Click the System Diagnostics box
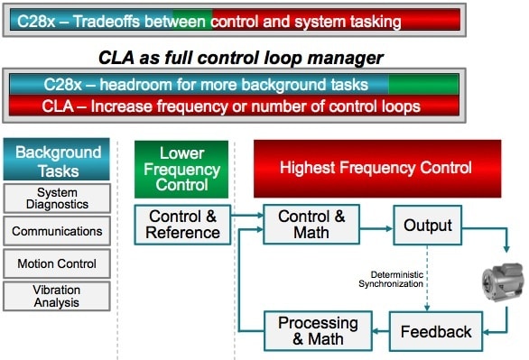click(57, 198)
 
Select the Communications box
click(57, 231)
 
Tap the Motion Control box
click(57, 263)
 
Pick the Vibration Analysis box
click(57, 296)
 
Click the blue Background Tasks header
click(57, 159)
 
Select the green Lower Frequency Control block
click(181, 170)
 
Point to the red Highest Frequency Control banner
click(377, 169)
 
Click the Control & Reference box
click(182, 225)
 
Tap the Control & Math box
click(311, 224)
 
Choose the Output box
click(428, 226)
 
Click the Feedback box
click(436, 332)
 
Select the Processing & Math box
click(318, 331)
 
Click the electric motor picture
click(503, 282)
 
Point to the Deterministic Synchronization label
click(391, 279)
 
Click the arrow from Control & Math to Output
click(376, 229)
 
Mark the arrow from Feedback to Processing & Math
click(381, 331)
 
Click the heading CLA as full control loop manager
click(241, 58)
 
